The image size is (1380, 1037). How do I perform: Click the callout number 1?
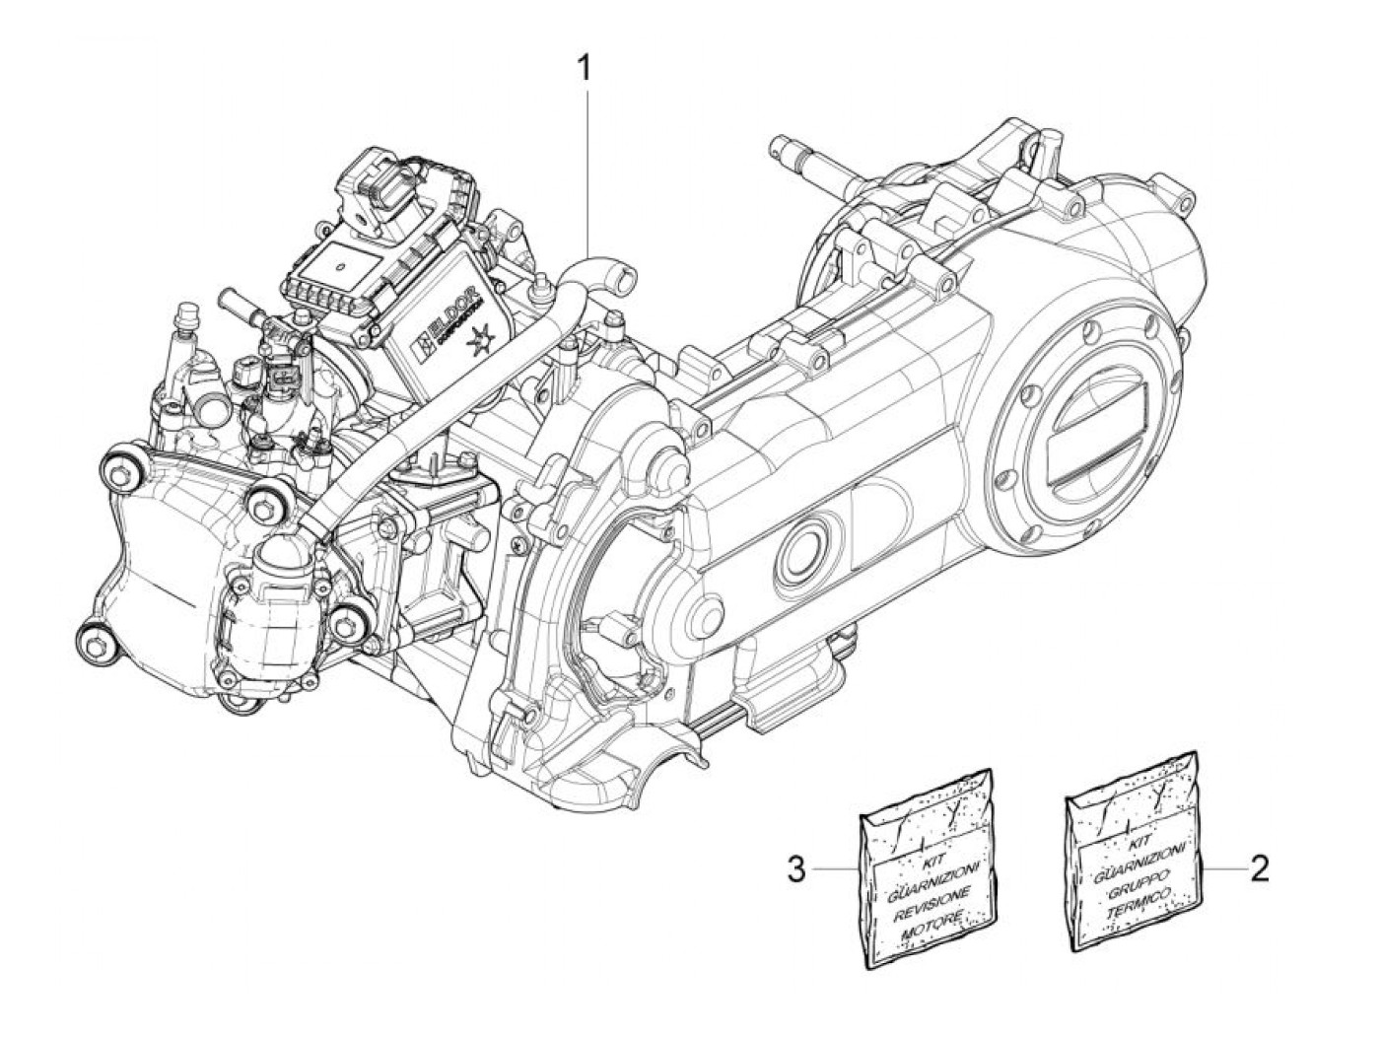(x=586, y=69)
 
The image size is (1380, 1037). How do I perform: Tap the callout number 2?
(x=1259, y=868)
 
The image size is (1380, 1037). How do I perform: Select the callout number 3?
(x=797, y=868)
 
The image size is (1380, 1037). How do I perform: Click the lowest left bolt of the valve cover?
(x=95, y=646)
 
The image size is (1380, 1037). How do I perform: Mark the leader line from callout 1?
(x=588, y=168)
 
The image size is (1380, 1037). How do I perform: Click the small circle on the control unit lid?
(x=338, y=266)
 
